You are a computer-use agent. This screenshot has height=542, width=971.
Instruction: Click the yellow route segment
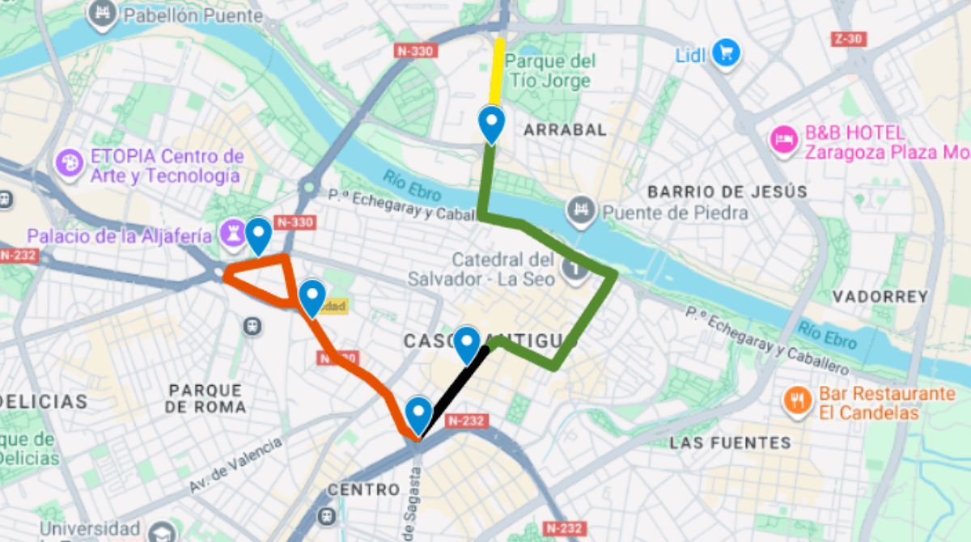coord(498,71)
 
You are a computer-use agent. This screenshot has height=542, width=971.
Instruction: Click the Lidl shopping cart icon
coord(726,53)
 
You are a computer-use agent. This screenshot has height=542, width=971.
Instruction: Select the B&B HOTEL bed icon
coord(783,140)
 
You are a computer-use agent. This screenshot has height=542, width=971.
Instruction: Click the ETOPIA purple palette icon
coord(70,164)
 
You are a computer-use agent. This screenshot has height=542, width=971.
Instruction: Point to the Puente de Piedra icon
coord(580,210)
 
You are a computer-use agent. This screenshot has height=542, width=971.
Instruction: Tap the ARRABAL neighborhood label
coord(565,129)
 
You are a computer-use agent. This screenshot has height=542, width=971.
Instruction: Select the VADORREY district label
coord(880,297)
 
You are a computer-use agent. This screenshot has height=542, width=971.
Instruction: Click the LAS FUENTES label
coord(730,442)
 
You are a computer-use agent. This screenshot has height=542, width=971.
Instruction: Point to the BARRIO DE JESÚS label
coord(727,192)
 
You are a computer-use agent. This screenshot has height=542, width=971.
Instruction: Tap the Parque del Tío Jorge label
coord(550,71)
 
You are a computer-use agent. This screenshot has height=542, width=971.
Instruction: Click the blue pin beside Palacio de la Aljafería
coord(258,235)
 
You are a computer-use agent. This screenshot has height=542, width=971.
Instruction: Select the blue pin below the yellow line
coord(491,123)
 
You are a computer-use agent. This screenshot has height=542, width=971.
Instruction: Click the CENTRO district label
coord(363,490)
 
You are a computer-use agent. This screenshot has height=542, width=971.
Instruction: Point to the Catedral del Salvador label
coord(502,269)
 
